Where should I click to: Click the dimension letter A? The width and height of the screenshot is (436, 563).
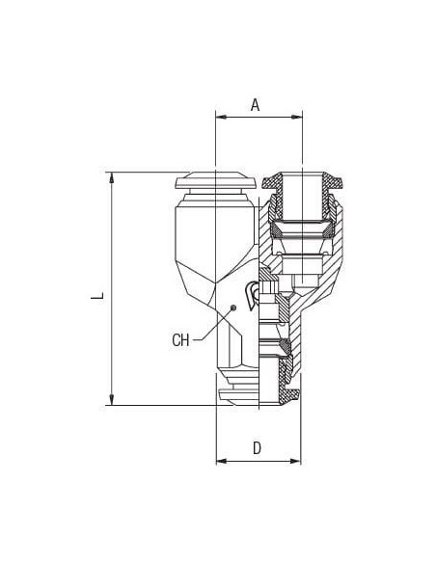click(255, 105)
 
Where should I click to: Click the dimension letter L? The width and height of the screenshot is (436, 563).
click(97, 295)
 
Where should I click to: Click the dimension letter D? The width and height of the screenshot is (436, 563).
click(257, 448)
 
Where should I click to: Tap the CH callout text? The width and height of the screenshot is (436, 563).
click(180, 340)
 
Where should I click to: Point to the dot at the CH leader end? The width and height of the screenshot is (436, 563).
click(233, 308)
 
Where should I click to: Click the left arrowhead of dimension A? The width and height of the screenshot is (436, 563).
click(221, 117)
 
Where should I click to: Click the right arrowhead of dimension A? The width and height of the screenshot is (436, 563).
click(297, 117)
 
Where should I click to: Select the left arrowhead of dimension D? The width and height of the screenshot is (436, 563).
click(222, 461)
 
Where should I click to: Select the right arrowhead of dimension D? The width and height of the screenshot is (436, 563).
click(295, 461)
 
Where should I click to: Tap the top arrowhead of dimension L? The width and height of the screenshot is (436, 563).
click(112, 178)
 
